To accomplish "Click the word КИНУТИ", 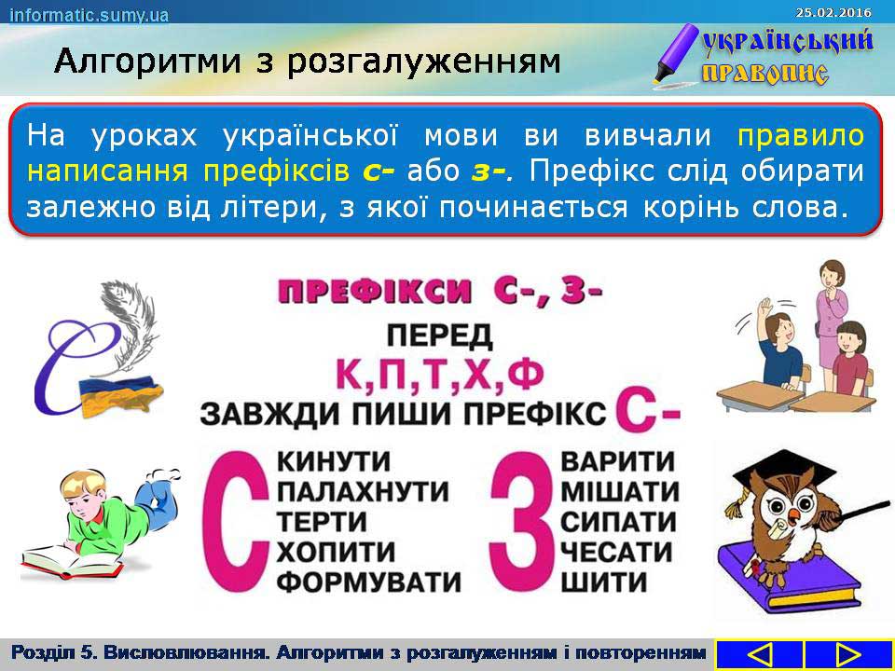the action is tap(334, 461).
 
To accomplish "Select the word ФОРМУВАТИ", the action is tap(369, 582).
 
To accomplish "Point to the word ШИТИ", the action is tap(604, 582).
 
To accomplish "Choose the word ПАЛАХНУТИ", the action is tap(363, 492).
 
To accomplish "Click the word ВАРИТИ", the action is tap(617, 461).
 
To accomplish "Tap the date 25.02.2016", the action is tap(833, 12).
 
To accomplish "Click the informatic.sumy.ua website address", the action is tap(89, 15).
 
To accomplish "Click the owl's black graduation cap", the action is tap(786, 470).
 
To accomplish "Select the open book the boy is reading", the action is tap(73, 561).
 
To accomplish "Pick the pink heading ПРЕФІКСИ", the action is tap(375, 292).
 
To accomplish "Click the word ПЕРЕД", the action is tap(439, 335).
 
